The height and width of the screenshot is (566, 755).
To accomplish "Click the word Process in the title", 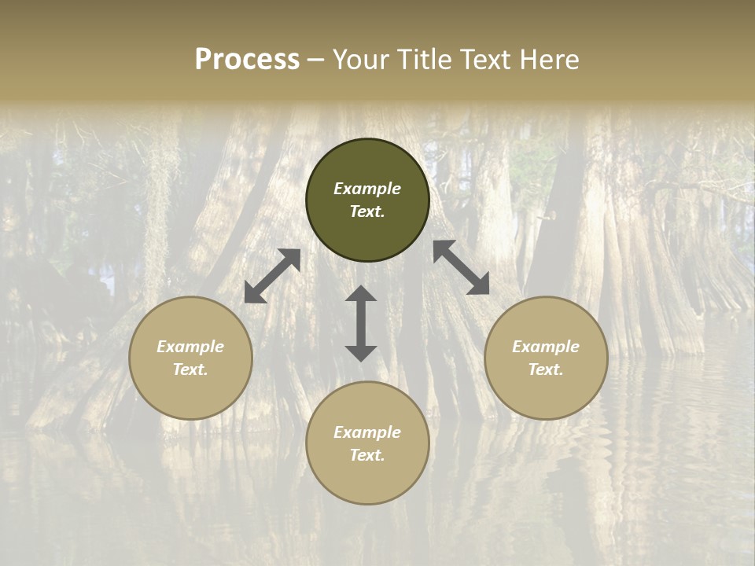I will [247, 60].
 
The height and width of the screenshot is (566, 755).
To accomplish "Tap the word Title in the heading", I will [421, 60].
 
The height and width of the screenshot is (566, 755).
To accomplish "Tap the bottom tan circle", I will [367, 480].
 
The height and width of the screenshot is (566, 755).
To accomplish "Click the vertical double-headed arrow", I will [361, 323].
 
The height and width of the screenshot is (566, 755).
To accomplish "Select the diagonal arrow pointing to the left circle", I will [272, 276].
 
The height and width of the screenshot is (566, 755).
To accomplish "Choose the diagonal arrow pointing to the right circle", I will [462, 267].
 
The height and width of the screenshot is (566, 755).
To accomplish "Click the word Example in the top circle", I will [367, 189].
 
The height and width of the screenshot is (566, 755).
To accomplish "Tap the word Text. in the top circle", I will [367, 211].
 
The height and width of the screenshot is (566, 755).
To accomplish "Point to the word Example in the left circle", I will [190, 347].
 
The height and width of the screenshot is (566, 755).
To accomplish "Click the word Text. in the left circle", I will [190, 369].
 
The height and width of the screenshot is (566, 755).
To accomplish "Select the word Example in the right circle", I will [546, 347].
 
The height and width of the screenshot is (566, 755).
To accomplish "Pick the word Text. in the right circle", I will [546, 369].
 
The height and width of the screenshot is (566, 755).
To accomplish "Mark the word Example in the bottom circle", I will [367, 432].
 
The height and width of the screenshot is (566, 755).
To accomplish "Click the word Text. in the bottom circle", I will [367, 455].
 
